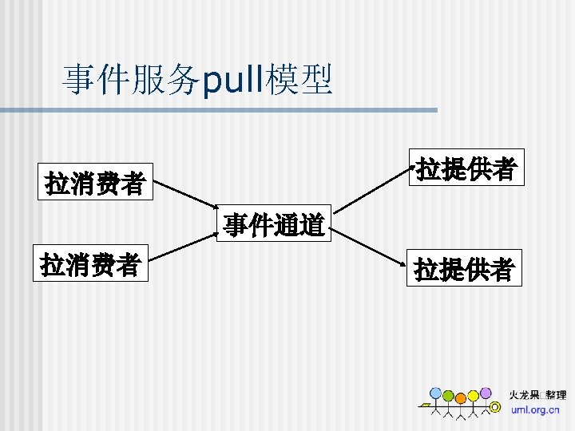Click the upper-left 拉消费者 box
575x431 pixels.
95,183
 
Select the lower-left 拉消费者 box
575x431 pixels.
91,264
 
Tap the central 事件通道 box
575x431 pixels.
274,225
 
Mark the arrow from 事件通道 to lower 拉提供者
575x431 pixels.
369,249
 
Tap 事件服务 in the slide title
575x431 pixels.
132,81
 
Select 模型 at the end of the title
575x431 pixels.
300,81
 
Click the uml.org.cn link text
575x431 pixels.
535,409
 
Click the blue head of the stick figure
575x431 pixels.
435,393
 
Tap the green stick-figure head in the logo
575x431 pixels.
448,396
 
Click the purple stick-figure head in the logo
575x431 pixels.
486,393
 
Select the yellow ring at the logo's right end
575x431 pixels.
495,407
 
